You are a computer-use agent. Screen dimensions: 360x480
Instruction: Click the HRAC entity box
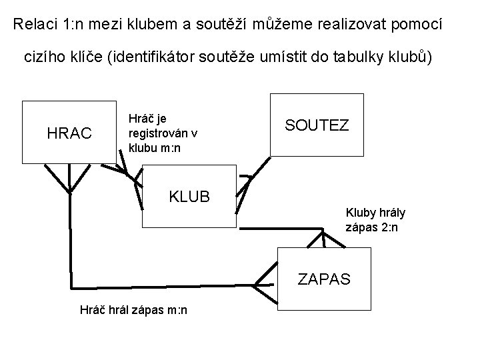(69, 132)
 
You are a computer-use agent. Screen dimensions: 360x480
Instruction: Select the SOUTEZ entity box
(316, 126)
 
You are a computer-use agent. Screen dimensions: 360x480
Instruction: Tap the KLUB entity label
(189, 197)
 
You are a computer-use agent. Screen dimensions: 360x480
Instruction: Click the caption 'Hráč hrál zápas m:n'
(133, 309)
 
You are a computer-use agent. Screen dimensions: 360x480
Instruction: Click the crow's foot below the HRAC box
(69, 177)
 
